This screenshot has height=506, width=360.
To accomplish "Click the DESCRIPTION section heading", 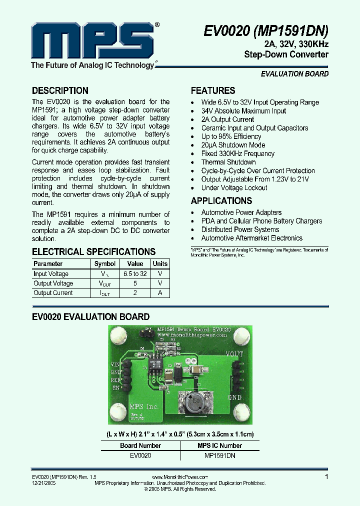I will click(60, 90).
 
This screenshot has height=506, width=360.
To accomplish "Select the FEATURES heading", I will click(213, 90).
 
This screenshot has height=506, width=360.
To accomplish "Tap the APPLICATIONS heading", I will click(221, 200).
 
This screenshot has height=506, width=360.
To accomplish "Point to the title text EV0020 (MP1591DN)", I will click(266, 31).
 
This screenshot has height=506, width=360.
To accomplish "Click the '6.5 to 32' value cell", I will click(135, 274).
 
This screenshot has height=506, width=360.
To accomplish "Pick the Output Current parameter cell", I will click(53, 293).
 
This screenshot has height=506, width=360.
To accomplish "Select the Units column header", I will click(160, 263).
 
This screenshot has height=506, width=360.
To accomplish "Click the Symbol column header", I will click(105, 263).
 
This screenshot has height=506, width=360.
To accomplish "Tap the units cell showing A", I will click(160, 293).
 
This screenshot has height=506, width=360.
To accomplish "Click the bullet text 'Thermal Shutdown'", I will click(228, 162).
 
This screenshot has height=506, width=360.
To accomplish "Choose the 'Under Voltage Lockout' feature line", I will click(234, 187).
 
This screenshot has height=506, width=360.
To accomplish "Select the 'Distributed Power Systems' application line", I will click(240, 229).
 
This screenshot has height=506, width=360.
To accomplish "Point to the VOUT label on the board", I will click(234, 354).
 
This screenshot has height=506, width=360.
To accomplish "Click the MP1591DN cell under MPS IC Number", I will click(220, 455).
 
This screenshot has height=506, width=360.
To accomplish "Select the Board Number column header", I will click(140, 445).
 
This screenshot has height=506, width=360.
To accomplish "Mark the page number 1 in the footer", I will click(327, 477).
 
